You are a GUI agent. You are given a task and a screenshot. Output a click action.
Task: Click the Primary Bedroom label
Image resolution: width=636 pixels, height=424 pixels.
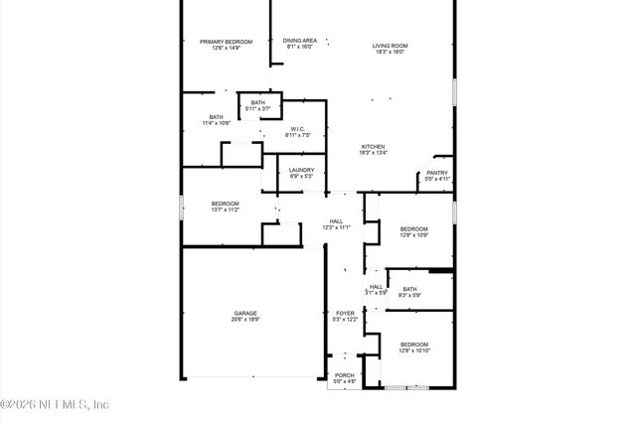[226, 41]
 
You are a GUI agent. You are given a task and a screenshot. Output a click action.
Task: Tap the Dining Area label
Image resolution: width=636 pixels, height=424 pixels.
[299, 41]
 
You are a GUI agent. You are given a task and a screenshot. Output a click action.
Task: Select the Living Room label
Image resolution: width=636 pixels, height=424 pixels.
[391, 46]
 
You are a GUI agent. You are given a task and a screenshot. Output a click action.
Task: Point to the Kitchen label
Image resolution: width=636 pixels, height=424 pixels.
[373, 147]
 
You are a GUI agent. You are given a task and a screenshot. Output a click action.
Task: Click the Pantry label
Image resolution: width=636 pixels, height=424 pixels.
[437, 173]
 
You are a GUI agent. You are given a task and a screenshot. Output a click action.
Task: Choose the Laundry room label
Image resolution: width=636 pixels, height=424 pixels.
[302, 170]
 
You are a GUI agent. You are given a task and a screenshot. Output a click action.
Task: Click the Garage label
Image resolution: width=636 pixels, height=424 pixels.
[245, 313]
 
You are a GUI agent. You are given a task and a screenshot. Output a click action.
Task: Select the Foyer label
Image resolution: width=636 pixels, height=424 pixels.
[345, 313]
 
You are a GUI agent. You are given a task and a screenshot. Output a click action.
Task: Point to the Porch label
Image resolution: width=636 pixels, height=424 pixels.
[344, 375]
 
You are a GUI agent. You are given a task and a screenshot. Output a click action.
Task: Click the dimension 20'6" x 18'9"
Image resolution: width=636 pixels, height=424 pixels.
[245, 319]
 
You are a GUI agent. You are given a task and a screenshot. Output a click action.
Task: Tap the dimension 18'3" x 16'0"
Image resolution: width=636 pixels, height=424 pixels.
[391, 52]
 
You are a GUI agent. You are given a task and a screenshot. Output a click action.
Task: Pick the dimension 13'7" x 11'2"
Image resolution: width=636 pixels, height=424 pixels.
[225, 210]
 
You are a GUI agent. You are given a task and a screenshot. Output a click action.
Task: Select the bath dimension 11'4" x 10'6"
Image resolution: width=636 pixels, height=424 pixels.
[216, 123]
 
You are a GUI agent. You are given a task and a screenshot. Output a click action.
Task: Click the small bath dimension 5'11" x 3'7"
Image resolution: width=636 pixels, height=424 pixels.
[257, 108]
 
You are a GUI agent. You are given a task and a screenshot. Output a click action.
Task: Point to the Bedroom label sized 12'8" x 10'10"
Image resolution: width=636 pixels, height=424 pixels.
[414, 345]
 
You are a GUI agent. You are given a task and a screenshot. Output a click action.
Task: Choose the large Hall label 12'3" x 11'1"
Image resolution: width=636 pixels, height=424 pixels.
[336, 221]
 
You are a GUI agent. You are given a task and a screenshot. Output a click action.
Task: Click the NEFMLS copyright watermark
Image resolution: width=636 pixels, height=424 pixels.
[55, 403]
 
